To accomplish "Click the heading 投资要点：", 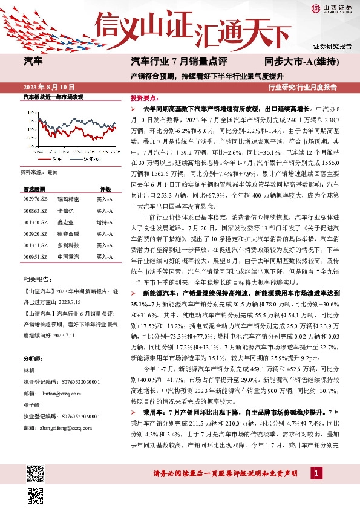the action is (144, 97).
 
